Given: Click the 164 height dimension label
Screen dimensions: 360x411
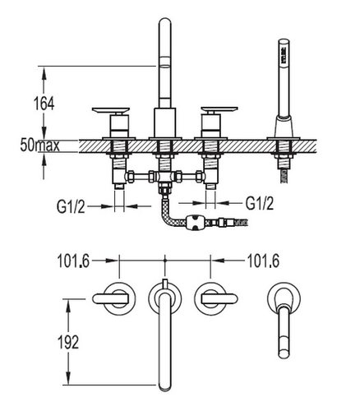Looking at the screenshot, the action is pos(44,104).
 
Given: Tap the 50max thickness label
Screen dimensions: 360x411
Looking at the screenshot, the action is pos(40,145).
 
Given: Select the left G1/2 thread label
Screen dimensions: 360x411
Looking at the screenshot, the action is pos(71,206).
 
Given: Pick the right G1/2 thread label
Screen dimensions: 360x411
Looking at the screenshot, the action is pos(260,203).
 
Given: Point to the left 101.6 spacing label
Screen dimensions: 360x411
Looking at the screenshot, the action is pos(73,261).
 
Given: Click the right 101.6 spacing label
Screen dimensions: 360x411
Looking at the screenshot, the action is pos(263,261).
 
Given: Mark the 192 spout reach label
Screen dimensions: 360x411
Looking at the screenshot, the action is pos(68,342).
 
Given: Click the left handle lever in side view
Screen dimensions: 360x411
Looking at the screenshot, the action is pos(111,110).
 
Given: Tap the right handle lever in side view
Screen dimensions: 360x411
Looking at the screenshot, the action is pos(219,109).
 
